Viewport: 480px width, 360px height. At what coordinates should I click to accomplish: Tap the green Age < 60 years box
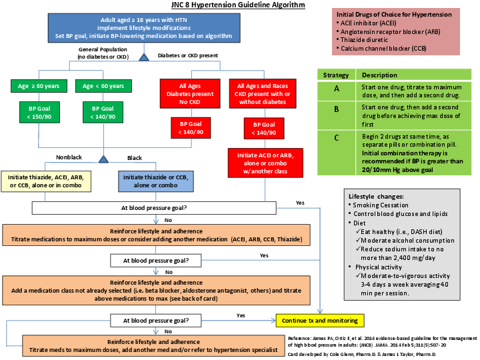click(103, 86)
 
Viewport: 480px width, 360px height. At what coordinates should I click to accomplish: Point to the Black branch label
click(135, 157)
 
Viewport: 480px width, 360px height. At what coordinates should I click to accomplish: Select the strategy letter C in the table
click(336, 138)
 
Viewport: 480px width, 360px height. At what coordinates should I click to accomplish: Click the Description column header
click(377, 75)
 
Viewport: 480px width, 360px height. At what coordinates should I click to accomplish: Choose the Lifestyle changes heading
click(376, 196)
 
